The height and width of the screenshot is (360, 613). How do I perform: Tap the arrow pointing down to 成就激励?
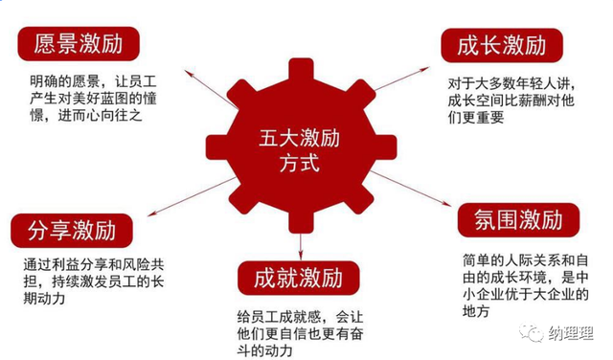[301, 246]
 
